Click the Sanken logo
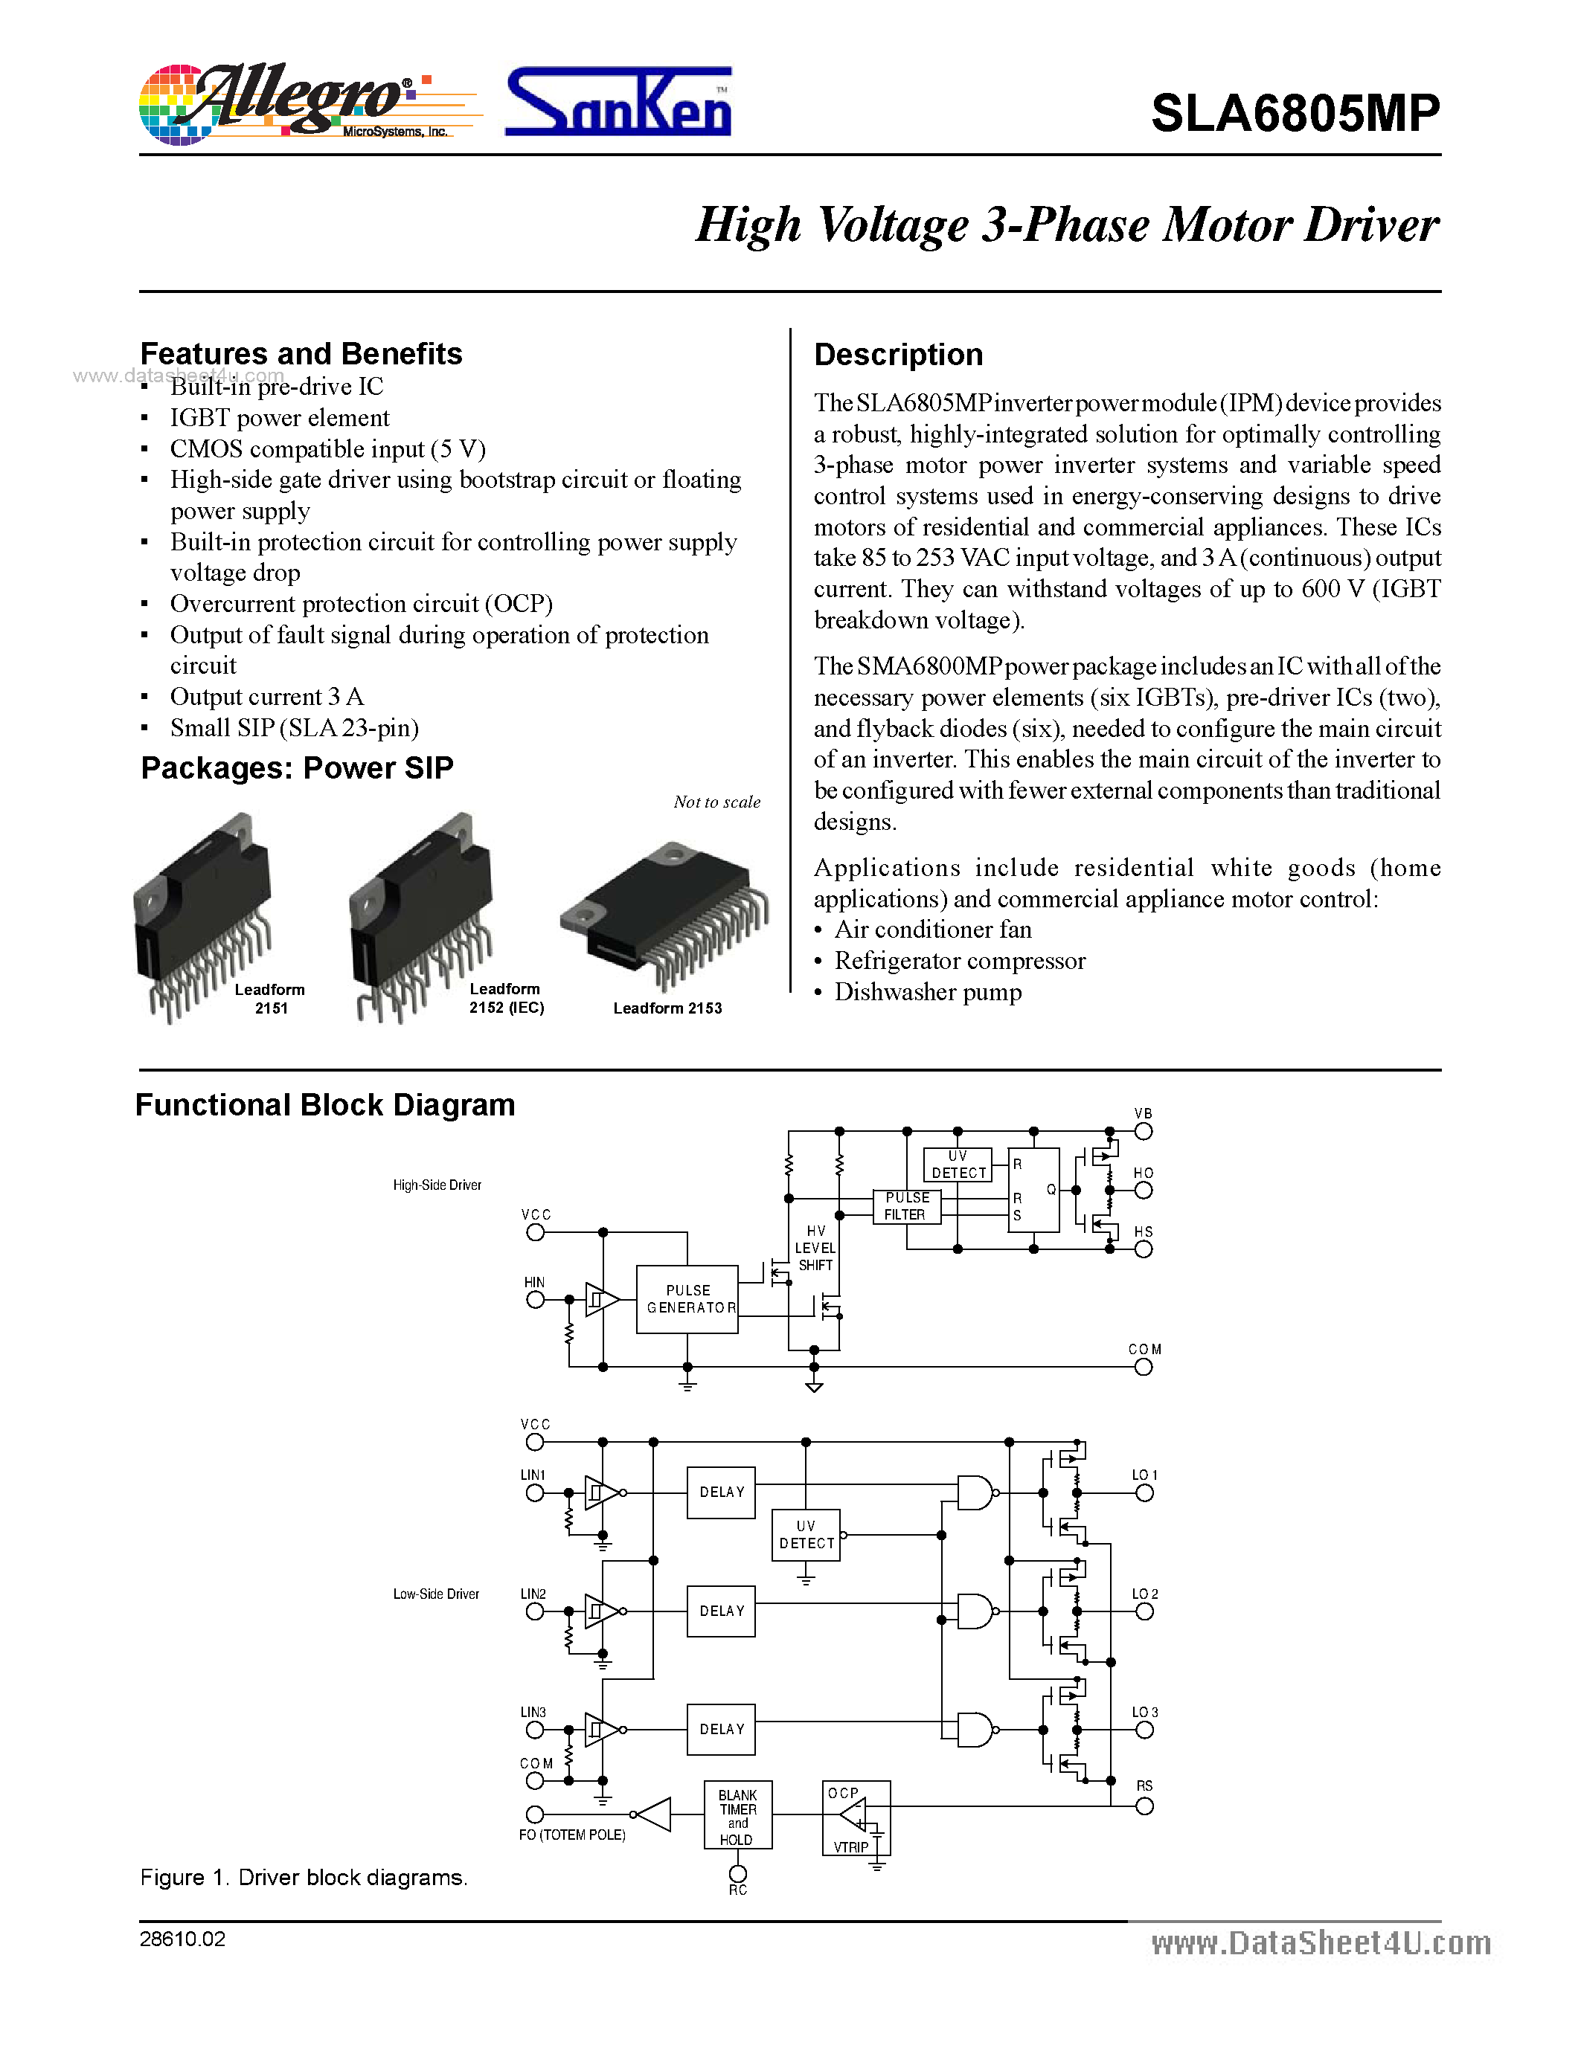(x=618, y=103)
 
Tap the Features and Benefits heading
(x=301, y=354)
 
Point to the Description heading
(x=898, y=355)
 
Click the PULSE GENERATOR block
(x=687, y=1298)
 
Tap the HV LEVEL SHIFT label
(x=815, y=1248)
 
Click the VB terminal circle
(x=1144, y=1131)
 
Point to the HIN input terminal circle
(x=535, y=1300)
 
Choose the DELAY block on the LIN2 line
(x=721, y=1611)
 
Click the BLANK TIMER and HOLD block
(x=738, y=1814)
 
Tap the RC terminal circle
(x=738, y=1874)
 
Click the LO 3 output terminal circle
(x=1144, y=1730)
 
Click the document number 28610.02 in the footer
(x=182, y=1939)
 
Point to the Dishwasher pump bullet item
(x=927, y=991)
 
